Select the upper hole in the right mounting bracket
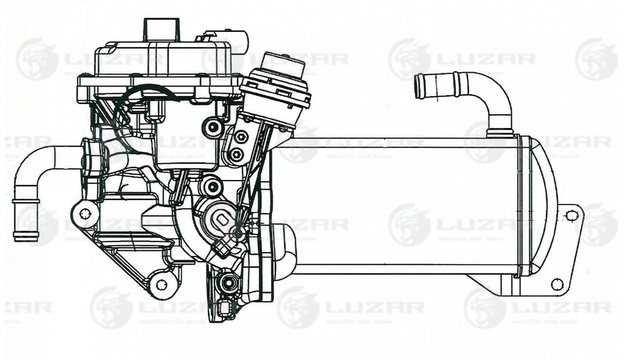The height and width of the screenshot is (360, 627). [571, 216]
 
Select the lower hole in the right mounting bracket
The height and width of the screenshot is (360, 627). [556, 284]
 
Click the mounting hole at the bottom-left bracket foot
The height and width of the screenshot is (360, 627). [161, 285]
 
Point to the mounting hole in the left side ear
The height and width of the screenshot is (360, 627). [85, 214]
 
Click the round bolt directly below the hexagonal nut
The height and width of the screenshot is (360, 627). [236, 154]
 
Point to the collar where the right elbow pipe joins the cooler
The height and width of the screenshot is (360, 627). [500, 132]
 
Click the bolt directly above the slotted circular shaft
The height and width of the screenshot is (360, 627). [212, 186]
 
